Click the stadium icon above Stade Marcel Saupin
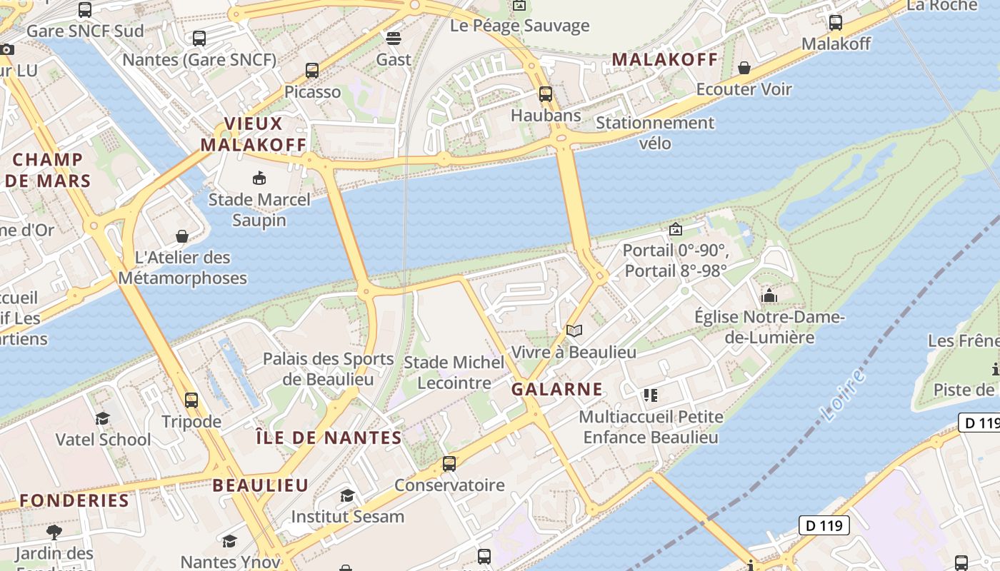click(259, 178)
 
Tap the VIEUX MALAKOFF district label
click(254, 134)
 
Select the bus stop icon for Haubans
click(546, 94)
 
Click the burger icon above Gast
click(394, 38)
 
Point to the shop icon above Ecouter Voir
click(744, 68)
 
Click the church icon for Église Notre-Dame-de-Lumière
click(769, 295)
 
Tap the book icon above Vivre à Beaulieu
click(574, 330)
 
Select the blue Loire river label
click(844, 395)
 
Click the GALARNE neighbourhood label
click(557, 389)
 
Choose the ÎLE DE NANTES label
click(329, 438)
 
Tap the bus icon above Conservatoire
click(449, 464)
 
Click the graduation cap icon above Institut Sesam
click(347, 495)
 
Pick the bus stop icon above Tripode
click(191, 400)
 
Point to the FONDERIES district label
click(74, 500)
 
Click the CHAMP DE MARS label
click(48, 170)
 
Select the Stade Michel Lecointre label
click(454, 373)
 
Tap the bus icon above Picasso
click(312, 71)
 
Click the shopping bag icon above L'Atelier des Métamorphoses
click(182, 236)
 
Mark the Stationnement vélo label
click(655, 133)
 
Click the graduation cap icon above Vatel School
click(103, 418)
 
